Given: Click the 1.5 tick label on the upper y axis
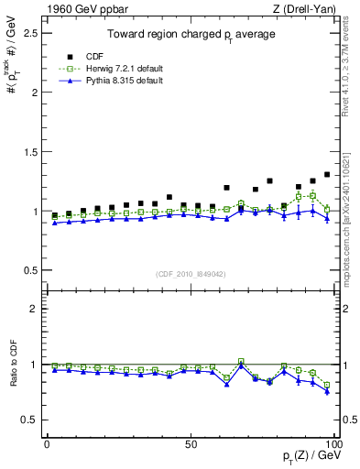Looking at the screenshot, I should click(27, 152).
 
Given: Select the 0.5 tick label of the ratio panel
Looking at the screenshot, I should click(27, 420).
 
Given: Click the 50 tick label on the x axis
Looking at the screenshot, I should click(190, 442).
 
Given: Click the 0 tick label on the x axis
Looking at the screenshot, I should click(47, 442).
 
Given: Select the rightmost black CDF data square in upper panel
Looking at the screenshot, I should click(327, 174).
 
